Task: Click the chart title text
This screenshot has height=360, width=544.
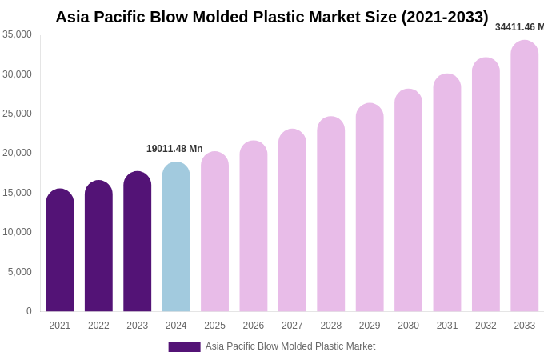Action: pyautogui.click(x=271, y=17)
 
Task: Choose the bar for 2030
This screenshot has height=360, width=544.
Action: pyautogui.click(x=408, y=201)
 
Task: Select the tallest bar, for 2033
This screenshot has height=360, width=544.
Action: pyautogui.click(x=525, y=176)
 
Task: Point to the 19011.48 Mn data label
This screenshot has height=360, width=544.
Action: pyautogui.click(x=174, y=149)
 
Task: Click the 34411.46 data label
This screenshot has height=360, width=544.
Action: pyautogui.click(x=519, y=27)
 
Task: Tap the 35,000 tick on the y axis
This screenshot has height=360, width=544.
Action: pyautogui.click(x=17, y=34)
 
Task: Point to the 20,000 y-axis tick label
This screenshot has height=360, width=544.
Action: pyautogui.click(x=17, y=153)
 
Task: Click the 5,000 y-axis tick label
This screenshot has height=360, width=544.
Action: pyautogui.click(x=20, y=272)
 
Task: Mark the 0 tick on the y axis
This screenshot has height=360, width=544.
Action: pyautogui.click(x=29, y=311)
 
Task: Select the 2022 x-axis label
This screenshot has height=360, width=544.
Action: pyautogui.click(x=98, y=326)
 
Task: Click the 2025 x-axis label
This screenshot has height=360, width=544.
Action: pyautogui.click(x=214, y=326)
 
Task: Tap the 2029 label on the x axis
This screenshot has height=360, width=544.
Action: pyautogui.click(x=370, y=326)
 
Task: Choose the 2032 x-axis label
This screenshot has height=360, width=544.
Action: pyautogui.click(x=486, y=326)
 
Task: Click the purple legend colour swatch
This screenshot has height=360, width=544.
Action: pyautogui.click(x=184, y=347)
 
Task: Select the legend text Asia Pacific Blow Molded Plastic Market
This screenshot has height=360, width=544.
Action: pyautogui.click(x=290, y=346)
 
